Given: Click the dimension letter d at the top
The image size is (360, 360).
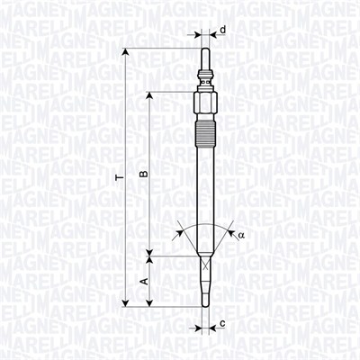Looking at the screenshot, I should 222,31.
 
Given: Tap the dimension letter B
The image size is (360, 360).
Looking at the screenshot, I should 141,171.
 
